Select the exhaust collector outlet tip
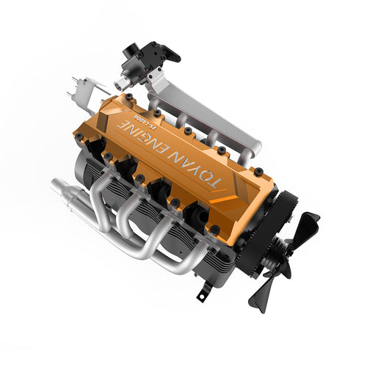pos(58,187)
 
